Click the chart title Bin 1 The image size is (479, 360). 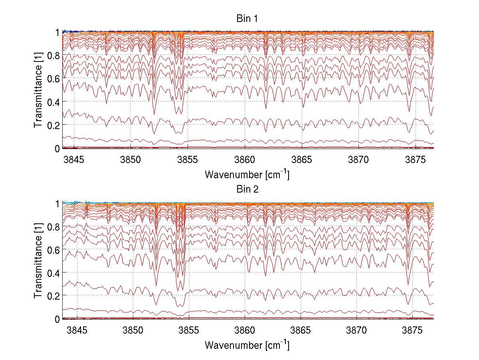coord(247,18)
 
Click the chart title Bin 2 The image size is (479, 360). coord(247,189)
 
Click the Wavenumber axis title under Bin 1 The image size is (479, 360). coord(247,174)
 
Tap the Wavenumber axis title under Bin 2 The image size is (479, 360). coord(247,345)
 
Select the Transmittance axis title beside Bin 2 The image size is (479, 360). coord(38,261)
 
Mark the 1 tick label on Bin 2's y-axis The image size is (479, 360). coord(57,203)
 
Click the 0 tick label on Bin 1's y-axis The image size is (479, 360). coord(57,149)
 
